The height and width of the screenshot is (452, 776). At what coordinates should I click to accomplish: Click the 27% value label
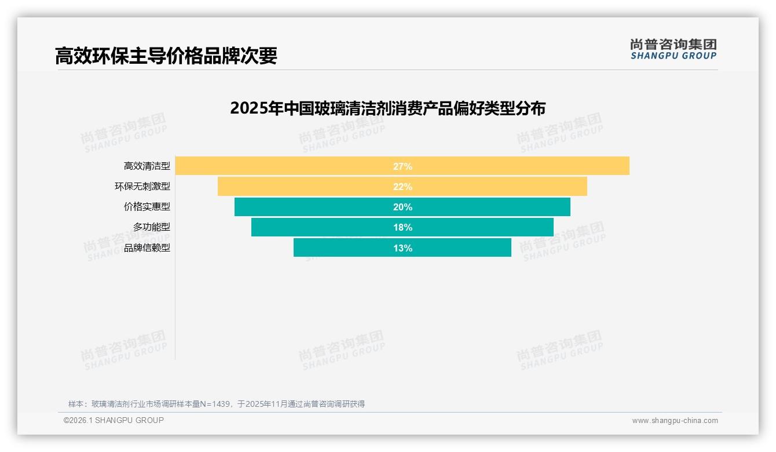coord(402,166)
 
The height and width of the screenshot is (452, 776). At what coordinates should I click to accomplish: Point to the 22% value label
coord(402,187)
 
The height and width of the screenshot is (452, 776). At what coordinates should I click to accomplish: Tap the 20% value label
coord(402,207)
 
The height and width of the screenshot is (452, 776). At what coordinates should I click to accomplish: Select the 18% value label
coord(402,227)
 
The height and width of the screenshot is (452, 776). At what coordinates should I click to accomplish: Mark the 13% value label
coord(402,248)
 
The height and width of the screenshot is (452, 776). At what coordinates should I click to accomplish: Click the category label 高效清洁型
coord(147,166)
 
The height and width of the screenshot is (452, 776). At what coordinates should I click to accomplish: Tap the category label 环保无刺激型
coord(142,187)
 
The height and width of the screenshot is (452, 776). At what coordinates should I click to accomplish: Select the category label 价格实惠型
coord(147,207)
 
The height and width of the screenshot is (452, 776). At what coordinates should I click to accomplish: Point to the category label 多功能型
coord(152,227)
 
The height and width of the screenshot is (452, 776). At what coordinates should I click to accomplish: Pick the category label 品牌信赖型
coord(147,248)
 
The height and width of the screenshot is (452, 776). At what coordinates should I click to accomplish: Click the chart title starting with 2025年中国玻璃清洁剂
coord(387,108)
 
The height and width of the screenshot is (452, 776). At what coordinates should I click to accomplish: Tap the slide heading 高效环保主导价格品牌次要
coord(166,56)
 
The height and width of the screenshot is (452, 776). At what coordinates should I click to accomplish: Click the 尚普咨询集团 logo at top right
coord(673,49)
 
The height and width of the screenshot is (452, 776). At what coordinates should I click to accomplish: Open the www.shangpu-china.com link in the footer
coord(675,421)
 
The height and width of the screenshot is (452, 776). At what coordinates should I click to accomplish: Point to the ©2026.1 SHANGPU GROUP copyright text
coord(114,420)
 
